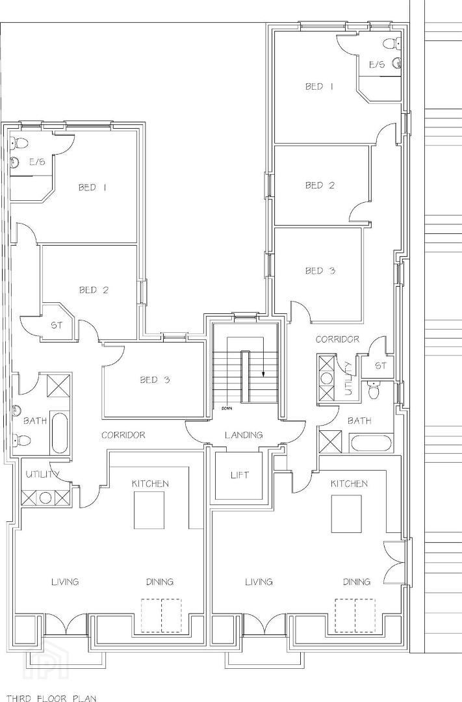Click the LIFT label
click(x=240, y=475)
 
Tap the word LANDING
click(x=244, y=435)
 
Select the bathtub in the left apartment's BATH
click(x=60, y=434)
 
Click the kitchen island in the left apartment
click(x=149, y=510)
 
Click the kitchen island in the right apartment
click(x=346, y=514)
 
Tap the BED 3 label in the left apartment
click(x=155, y=380)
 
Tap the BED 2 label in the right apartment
click(x=320, y=185)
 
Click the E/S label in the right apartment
click(x=376, y=64)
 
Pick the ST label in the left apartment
click(x=57, y=326)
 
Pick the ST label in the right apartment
click(x=380, y=366)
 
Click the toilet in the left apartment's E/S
click(x=18, y=143)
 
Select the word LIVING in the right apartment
click(x=259, y=582)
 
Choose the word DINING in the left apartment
click(x=160, y=582)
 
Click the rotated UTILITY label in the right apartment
click(x=349, y=378)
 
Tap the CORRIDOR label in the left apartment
click(x=123, y=435)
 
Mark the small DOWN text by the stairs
click(x=227, y=408)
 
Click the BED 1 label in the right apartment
click(x=319, y=86)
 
